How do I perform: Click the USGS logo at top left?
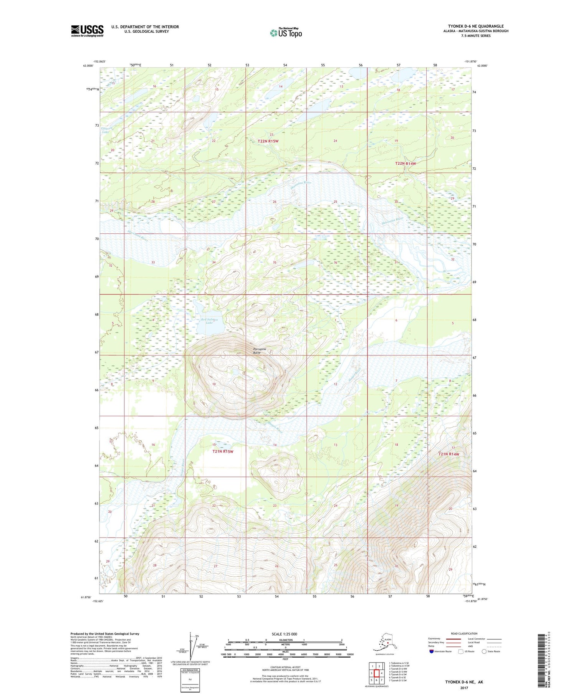[x=87, y=31]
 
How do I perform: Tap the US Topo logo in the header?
[x=286, y=33]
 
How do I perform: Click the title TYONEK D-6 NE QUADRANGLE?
[x=476, y=26]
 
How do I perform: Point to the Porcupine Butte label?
[x=260, y=350]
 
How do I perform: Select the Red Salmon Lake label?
[x=209, y=321]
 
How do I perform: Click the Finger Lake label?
[x=105, y=130]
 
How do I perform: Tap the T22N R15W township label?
[x=268, y=141]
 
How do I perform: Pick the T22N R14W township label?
[x=406, y=164]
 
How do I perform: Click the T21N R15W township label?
[x=223, y=451]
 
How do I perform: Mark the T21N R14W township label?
[x=449, y=454]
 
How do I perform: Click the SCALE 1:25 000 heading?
[x=285, y=634]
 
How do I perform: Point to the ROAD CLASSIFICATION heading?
[x=464, y=633]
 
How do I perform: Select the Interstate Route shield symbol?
[x=431, y=651]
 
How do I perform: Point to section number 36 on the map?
[x=335, y=263]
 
